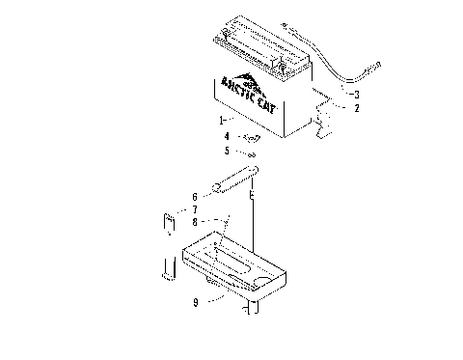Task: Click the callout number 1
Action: (x=221, y=121)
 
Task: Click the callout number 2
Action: (x=356, y=109)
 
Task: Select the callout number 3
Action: (x=356, y=94)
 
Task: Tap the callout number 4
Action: (x=226, y=137)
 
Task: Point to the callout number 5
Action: (x=226, y=152)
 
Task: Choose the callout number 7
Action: (x=194, y=209)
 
